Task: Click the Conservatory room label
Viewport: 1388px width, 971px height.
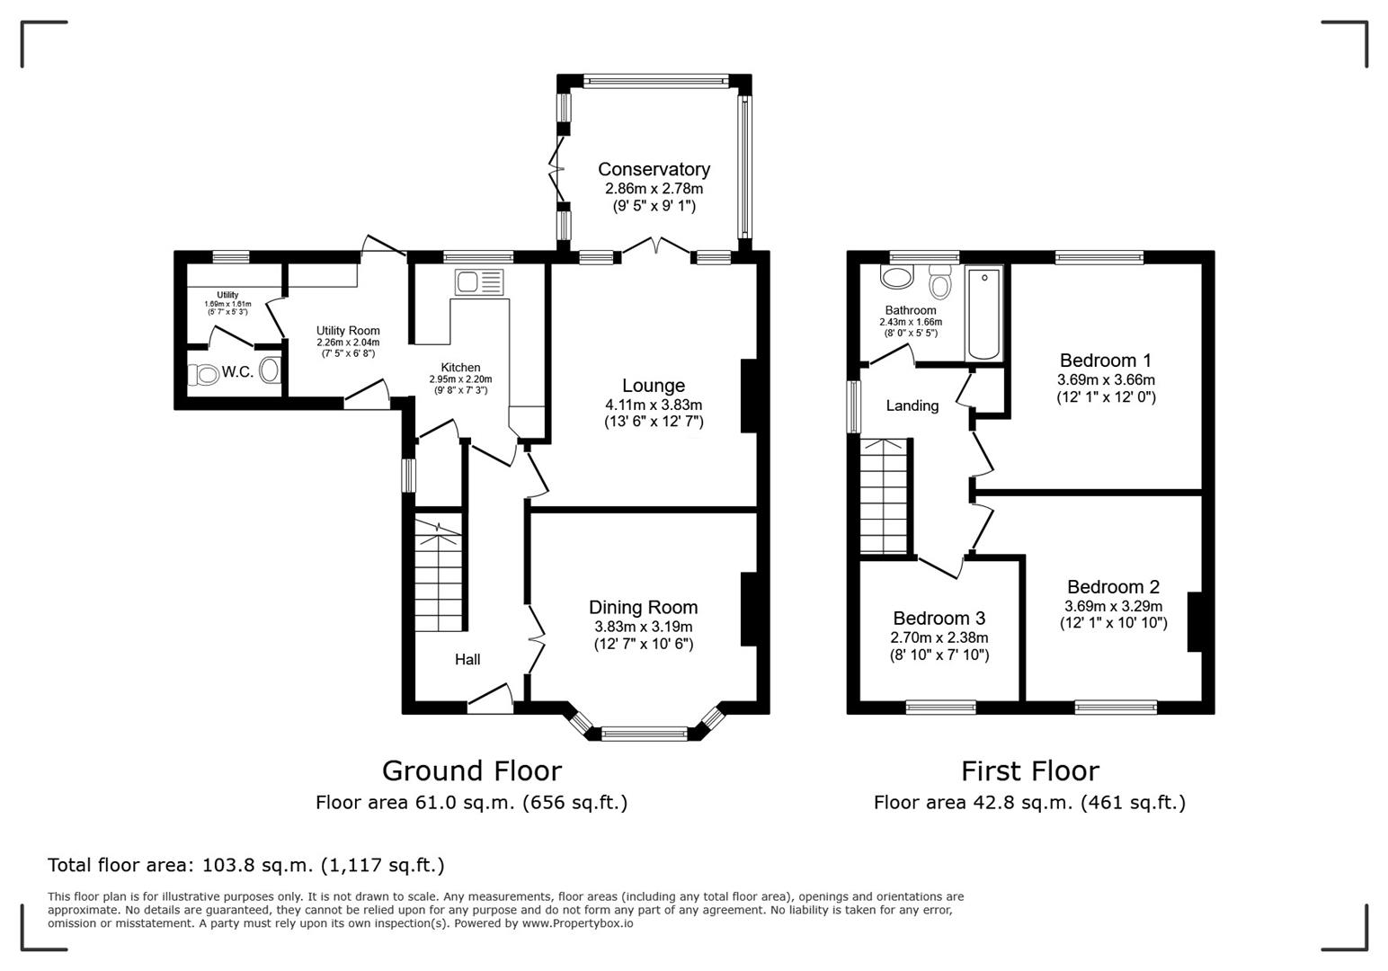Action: pyautogui.click(x=654, y=169)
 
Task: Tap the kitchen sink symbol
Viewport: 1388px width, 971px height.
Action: pyautogui.click(x=481, y=282)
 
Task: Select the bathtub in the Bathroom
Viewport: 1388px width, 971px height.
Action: pyautogui.click(x=983, y=313)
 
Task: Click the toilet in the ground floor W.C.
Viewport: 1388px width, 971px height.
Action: pyautogui.click(x=205, y=374)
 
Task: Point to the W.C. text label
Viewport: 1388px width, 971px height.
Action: pyautogui.click(x=237, y=372)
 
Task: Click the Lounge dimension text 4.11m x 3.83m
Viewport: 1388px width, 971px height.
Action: pyautogui.click(x=654, y=405)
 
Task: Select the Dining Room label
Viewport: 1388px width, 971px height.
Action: pyautogui.click(x=643, y=608)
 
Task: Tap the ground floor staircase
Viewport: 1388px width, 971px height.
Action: pyautogui.click(x=438, y=575)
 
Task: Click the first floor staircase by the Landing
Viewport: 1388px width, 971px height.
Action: pyautogui.click(x=885, y=496)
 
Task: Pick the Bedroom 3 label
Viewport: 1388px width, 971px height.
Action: pyautogui.click(x=939, y=619)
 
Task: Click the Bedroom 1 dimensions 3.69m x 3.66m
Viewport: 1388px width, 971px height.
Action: pyautogui.click(x=1106, y=380)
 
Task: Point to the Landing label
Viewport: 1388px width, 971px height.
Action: pyautogui.click(x=912, y=405)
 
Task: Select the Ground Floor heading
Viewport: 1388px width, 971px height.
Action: pyautogui.click(x=471, y=771)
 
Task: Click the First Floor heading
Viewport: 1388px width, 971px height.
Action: pyautogui.click(x=1029, y=771)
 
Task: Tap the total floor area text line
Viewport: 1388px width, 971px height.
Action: pyautogui.click(x=245, y=865)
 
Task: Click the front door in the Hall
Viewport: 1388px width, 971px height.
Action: pyautogui.click(x=490, y=701)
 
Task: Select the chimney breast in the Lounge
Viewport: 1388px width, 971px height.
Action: pyautogui.click(x=748, y=396)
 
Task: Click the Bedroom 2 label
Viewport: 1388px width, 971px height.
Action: pyautogui.click(x=1113, y=587)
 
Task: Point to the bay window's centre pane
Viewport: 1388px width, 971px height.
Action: pyautogui.click(x=644, y=734)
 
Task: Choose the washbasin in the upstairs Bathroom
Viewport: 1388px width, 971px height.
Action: pyautogui.click(x=896, y=277)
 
